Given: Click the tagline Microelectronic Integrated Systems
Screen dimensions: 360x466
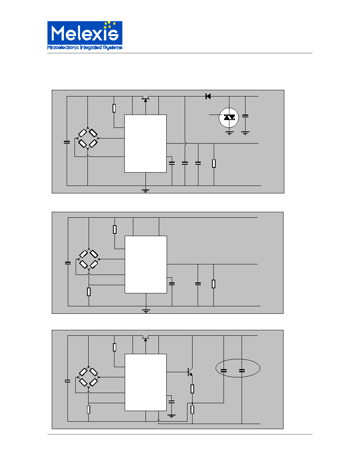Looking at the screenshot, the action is (85, 47).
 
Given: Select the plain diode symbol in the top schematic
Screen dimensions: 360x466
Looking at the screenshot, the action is (208, 96).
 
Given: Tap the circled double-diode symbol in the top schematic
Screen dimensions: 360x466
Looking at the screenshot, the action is (229, 118).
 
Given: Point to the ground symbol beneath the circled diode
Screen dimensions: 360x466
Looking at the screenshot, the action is (229, 133).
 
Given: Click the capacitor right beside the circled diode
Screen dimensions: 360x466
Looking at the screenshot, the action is (245, 116).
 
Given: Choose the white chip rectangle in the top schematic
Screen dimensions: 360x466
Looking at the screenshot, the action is (145, 144).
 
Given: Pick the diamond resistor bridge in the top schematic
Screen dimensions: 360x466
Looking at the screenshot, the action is (87, 138).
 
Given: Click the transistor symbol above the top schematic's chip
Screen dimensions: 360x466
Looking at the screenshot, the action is (145, 99).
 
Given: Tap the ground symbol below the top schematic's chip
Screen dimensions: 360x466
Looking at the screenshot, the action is (145, 190).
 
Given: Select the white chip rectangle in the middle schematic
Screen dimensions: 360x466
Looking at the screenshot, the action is (146, 264).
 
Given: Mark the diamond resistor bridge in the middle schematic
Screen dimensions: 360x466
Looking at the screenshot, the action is (89, 259).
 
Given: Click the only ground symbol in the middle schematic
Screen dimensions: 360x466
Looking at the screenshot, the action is (146, 311).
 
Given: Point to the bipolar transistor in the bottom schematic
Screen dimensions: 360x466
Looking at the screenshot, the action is (191, 372).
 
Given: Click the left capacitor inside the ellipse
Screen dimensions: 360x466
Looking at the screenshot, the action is (224, 371).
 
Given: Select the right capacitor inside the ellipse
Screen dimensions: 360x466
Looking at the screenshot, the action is (242, 371).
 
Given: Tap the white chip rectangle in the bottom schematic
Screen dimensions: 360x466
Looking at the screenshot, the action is (145, 382).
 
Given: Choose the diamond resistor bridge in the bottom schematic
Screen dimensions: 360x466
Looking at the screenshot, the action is (89, 377).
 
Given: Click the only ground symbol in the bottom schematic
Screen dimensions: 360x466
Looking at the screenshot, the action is (171, 416).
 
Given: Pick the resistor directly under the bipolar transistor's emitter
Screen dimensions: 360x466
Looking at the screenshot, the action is (192, 389).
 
